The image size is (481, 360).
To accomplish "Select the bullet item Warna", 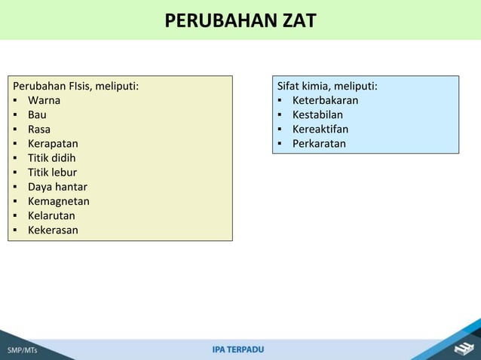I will click(44, 100).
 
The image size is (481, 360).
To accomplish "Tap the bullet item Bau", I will click(37, 114).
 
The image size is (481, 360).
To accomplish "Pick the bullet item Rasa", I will click(39, 129).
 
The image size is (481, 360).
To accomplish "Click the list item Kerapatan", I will click(53, 143).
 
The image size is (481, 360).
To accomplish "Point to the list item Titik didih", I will click(51, 157).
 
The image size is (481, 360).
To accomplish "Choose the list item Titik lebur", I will click(52, 172).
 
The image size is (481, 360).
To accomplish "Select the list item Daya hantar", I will click(57, 187).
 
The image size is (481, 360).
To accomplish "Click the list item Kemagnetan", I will click(59, 201).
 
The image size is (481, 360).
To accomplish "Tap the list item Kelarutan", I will click(51, 215).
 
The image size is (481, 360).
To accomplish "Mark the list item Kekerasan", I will click(53, 230).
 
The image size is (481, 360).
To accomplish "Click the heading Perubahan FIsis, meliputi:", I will click(75, 86).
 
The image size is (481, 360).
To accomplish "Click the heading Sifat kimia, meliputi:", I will click(327, 86).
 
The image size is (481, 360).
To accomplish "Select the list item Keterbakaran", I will click(325, 100).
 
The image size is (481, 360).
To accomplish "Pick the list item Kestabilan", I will click(317, 114).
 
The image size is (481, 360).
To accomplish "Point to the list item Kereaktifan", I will click(320, 129).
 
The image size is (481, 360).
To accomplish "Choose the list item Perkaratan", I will click(319, 143).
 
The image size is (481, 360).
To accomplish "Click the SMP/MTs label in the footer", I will click(23, 350).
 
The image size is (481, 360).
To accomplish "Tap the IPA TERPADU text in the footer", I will click(238, 349).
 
